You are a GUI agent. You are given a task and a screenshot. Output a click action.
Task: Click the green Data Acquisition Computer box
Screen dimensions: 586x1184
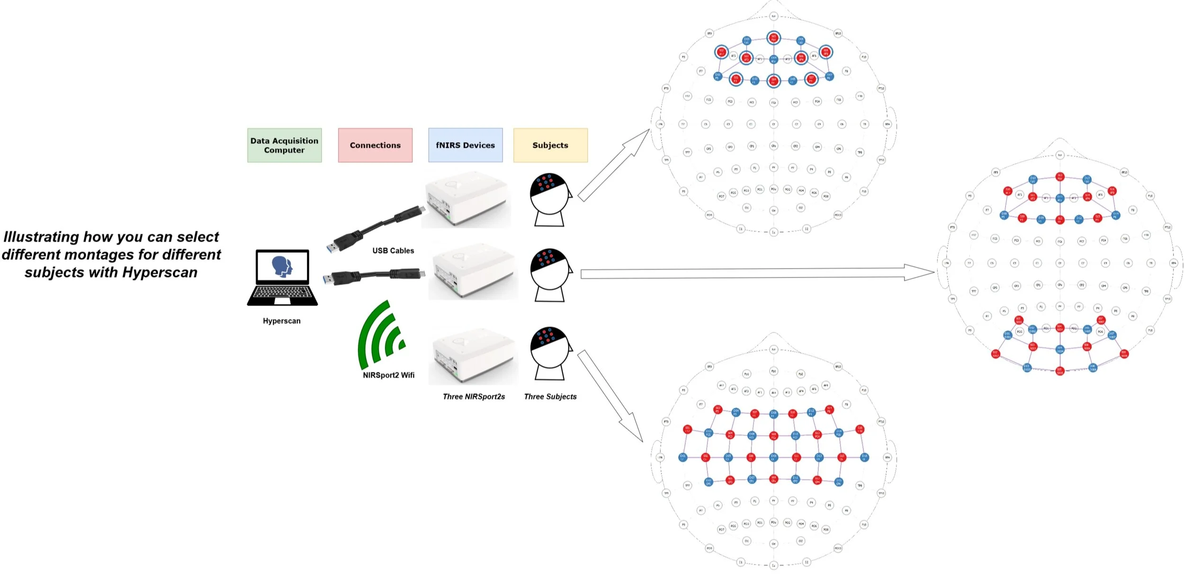(284, 145)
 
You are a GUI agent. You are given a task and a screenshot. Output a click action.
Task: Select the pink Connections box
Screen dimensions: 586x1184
(375, 145)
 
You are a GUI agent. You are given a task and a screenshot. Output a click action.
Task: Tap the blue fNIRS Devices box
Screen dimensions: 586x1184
(465, 145)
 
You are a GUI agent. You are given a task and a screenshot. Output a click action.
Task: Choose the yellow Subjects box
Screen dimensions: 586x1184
(550, 145)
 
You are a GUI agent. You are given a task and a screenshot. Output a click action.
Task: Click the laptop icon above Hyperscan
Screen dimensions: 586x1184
(282, 278)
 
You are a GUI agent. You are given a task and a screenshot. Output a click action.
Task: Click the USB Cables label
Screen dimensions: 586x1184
(393, 251)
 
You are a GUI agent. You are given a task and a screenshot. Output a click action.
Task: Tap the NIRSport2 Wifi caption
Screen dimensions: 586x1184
(388, 375)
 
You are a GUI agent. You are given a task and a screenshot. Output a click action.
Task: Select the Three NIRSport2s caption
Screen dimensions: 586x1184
(474, 397)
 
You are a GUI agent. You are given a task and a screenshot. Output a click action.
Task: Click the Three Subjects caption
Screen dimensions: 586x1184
(550, 397)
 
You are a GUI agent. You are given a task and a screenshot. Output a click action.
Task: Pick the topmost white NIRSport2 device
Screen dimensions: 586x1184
(467, 199)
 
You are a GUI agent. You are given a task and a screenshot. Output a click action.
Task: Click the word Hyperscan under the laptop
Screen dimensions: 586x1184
(281, 321)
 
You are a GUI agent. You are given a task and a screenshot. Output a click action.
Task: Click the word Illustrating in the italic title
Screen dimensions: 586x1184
(41, 237)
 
